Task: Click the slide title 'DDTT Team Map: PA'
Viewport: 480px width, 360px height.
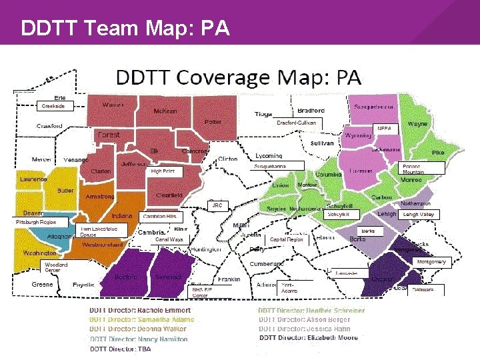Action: click(125, 29)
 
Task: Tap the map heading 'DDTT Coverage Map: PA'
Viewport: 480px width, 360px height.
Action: click(239, 78)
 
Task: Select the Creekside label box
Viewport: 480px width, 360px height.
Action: click(53, 106)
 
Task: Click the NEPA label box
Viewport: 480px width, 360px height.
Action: click(384, 128)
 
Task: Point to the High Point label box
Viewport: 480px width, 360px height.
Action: click(163, 171)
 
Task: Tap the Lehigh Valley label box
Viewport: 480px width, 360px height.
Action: click(419, 215)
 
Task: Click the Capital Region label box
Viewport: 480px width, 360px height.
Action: click(287, 239)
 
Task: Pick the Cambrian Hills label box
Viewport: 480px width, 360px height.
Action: click(160, 217)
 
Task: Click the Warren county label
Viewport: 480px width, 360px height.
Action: click(113, 105)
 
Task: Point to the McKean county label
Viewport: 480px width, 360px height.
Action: click(165, 111)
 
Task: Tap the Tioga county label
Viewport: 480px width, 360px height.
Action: click(263, 114)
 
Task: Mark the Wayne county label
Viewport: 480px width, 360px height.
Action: click(418, 124)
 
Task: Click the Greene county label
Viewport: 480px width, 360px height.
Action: click(43, 285)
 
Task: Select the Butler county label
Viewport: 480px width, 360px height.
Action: click(65, 191)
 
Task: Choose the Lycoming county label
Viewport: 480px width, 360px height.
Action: click(269, 156)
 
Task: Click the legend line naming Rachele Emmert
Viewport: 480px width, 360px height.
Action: click(140, 311)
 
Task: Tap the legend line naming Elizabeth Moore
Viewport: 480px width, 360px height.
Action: click(308, 338)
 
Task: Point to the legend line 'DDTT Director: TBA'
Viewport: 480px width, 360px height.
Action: click(121, 349)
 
